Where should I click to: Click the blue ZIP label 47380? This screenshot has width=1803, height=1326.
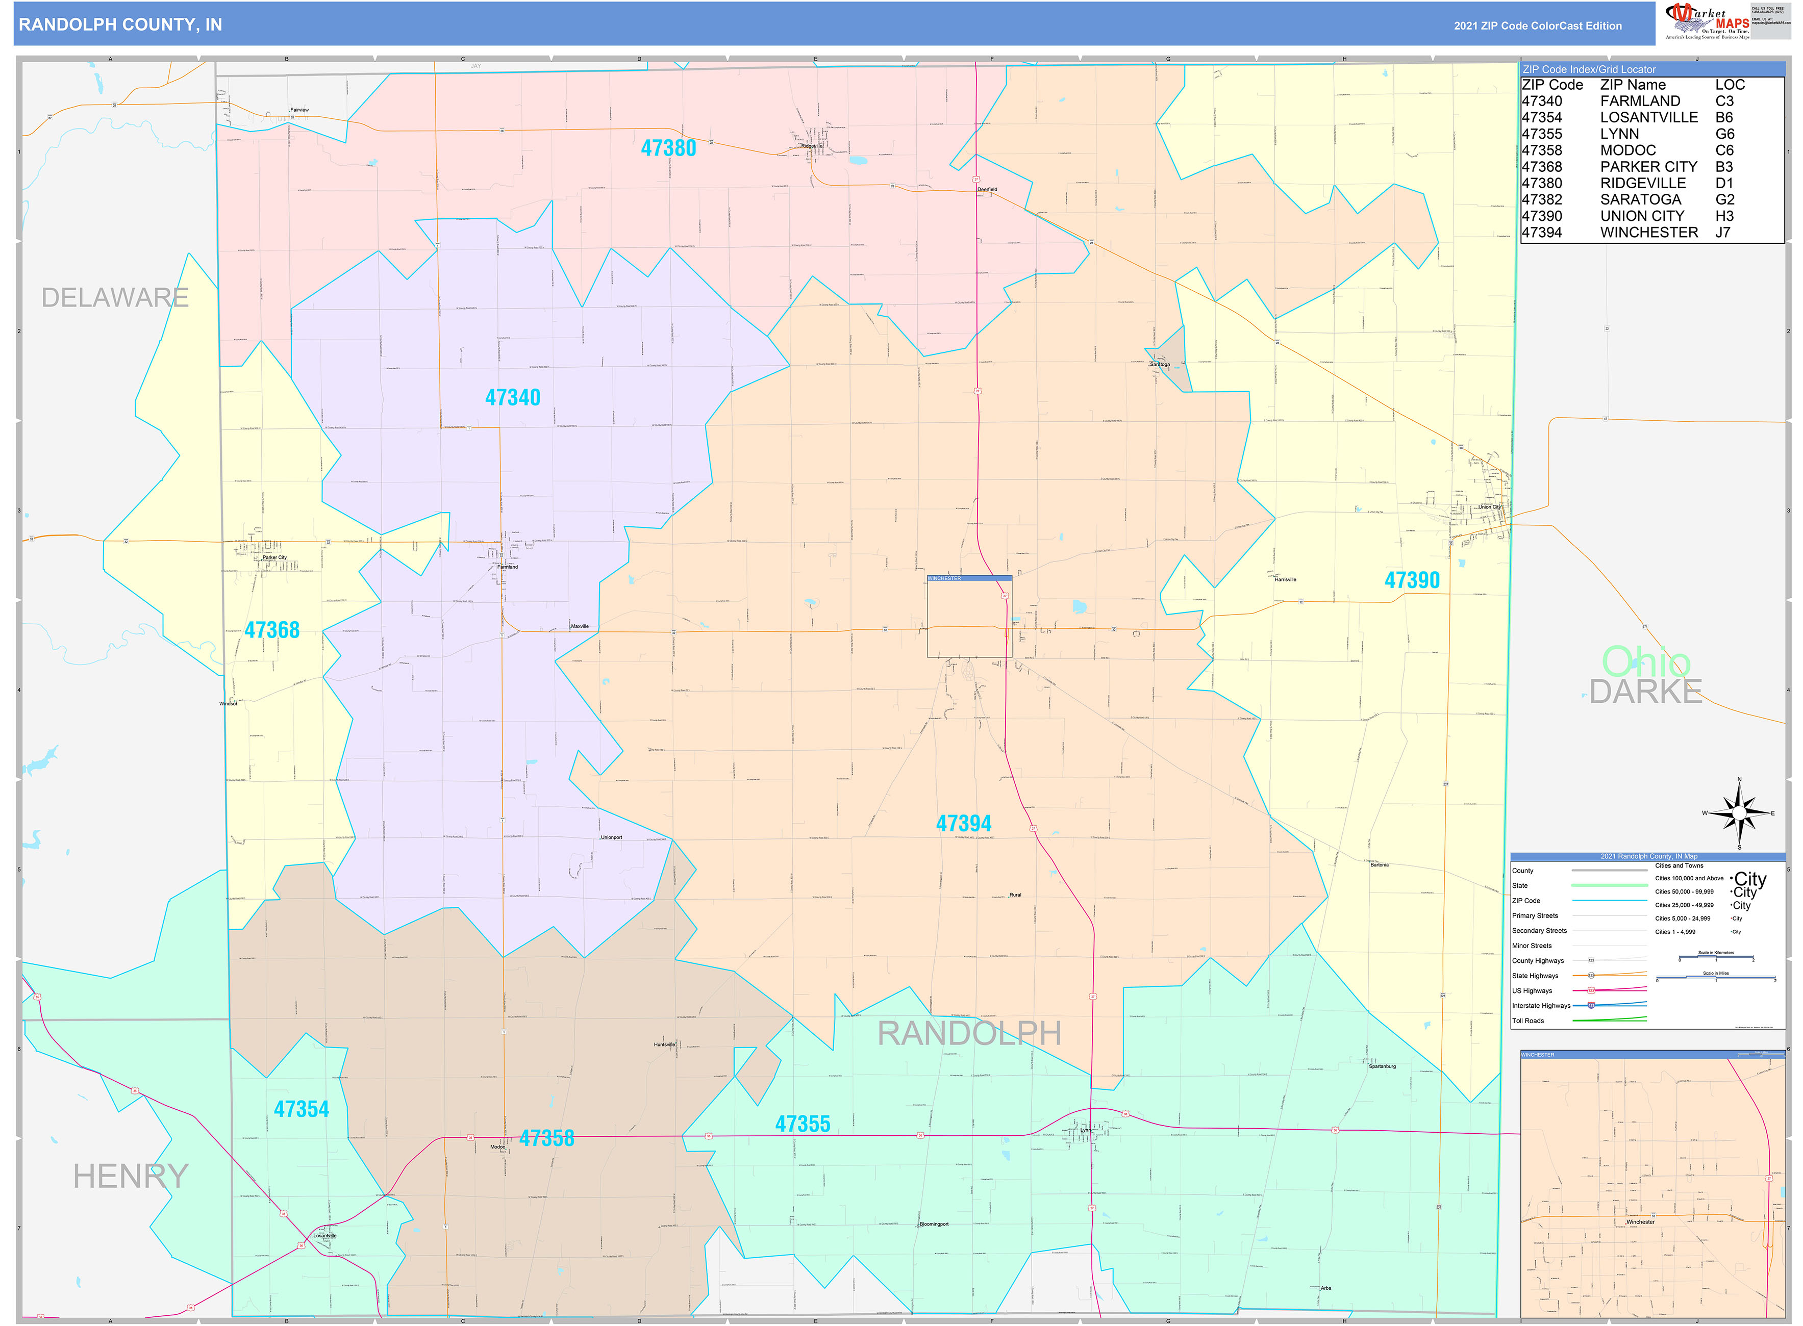(x=668, y=148)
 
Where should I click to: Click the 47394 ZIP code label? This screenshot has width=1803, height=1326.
(x=963, y=824)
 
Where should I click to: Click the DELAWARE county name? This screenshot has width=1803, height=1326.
(x=115, y=298)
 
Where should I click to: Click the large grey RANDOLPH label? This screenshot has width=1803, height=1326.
(x=969, y=1034)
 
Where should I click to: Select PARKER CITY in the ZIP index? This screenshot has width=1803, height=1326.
(x=1648, y=167)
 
